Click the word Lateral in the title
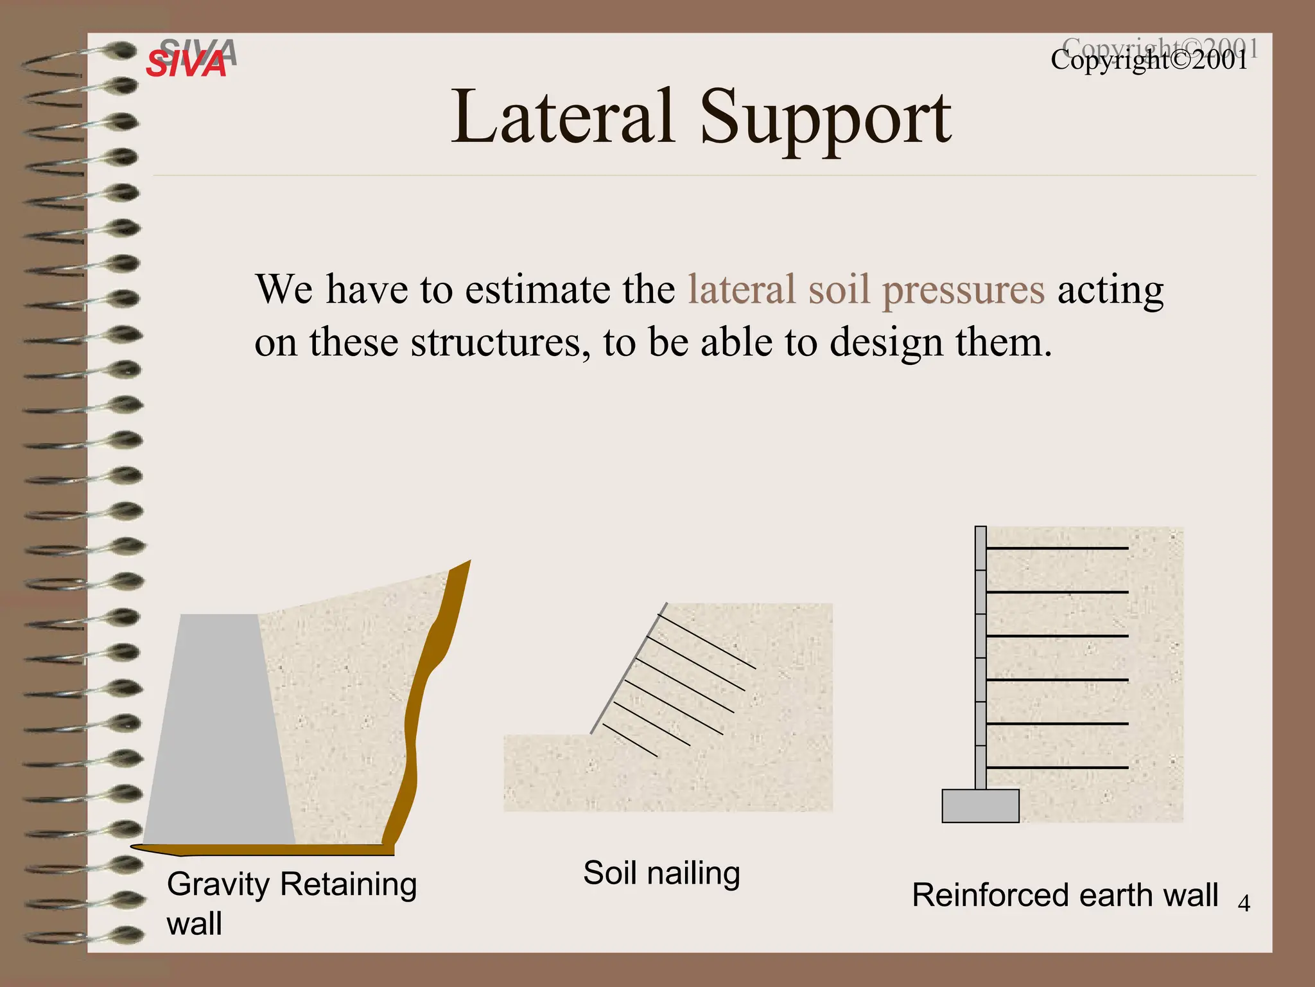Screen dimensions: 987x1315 (562, 118)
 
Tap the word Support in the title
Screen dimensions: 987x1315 (824, 120)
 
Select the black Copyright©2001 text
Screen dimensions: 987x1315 (1149, 60)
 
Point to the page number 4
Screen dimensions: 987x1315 (1244, 903)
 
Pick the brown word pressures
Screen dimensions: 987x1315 (963, 290)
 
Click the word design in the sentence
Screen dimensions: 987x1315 (885, 342)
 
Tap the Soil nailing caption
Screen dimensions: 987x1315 (661, 873)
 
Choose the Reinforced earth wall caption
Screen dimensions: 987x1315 (1065, 894)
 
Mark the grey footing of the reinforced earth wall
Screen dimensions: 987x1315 (980, 806)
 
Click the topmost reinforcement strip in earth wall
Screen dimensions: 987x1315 (1057, 548)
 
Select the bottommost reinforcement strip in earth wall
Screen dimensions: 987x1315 (1057, 767)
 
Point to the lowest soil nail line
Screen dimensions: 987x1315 (629, 740)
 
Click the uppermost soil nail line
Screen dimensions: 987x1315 (706, 641)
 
